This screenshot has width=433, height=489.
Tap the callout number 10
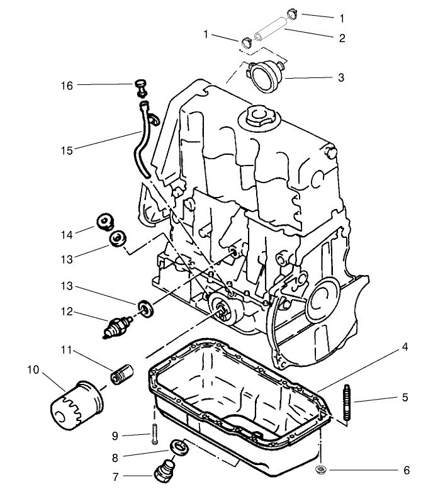[33, 369]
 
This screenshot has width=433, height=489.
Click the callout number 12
[67, 312]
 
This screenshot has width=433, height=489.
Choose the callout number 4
[406, 347]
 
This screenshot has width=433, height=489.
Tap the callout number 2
[342, 38]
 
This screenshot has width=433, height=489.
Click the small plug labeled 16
[142, 87]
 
